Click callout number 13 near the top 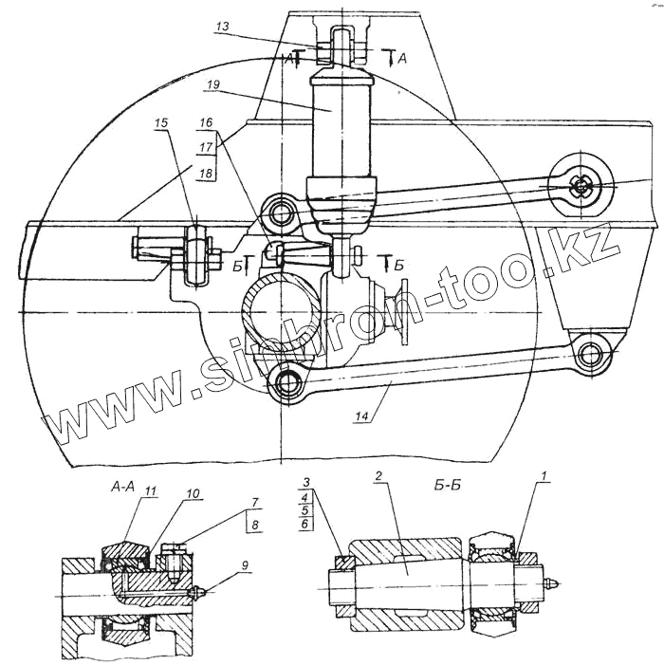221,29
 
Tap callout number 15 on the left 160,123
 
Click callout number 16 207,124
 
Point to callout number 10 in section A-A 193,495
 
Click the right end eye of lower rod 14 594,355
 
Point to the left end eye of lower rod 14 286,382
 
